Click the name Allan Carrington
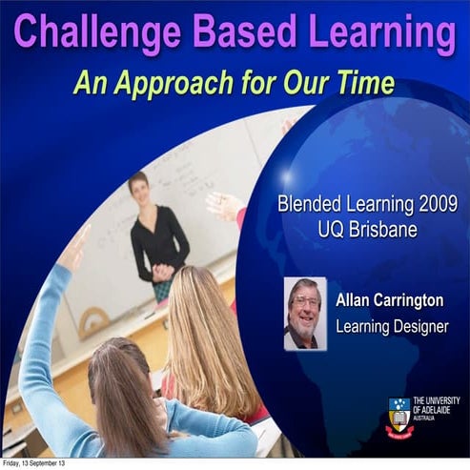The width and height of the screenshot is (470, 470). (391, 301)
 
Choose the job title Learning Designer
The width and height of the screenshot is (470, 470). (391, 327)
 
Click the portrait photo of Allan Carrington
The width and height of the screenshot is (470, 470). (305, 313)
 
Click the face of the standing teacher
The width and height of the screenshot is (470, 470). (140, 188)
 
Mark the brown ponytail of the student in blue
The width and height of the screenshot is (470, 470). (120, 400)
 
